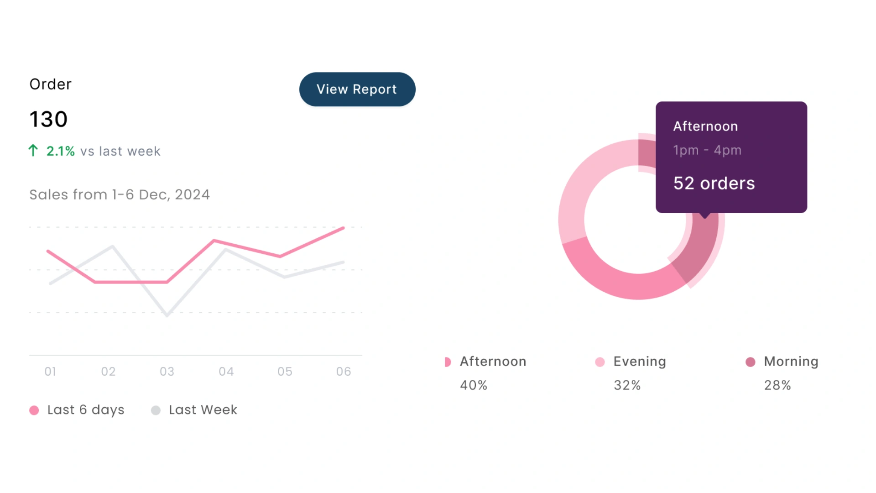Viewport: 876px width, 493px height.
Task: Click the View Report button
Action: (357, 89)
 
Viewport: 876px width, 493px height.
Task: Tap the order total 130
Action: (48, 120)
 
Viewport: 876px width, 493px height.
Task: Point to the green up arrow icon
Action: (33, 151)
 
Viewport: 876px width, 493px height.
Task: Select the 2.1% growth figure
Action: (61, 151)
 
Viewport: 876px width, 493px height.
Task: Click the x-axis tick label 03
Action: (167, 372)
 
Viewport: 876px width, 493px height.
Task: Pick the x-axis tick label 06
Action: (344, 372)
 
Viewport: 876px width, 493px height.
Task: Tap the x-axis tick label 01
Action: (50, 372)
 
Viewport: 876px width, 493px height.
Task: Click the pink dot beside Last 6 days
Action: (34, 410)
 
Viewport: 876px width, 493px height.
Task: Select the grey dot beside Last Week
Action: (156, 410)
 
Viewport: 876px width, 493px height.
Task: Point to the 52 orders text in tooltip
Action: (714, 184)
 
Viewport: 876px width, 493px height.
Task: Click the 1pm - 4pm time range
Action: (707, 150)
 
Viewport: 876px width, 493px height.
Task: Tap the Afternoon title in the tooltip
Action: (705, 126)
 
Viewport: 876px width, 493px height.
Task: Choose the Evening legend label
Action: (640, 362)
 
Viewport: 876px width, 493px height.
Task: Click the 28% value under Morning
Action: (777, 385)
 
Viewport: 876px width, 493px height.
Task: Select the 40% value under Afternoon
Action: (474, 385)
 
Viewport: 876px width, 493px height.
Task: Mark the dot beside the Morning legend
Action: (751, 362)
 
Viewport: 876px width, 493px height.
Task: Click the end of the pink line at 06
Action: (344, 227)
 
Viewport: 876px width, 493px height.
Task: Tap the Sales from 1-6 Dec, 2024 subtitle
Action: (120, 195)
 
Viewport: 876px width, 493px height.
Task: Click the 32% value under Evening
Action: (627, 385)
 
